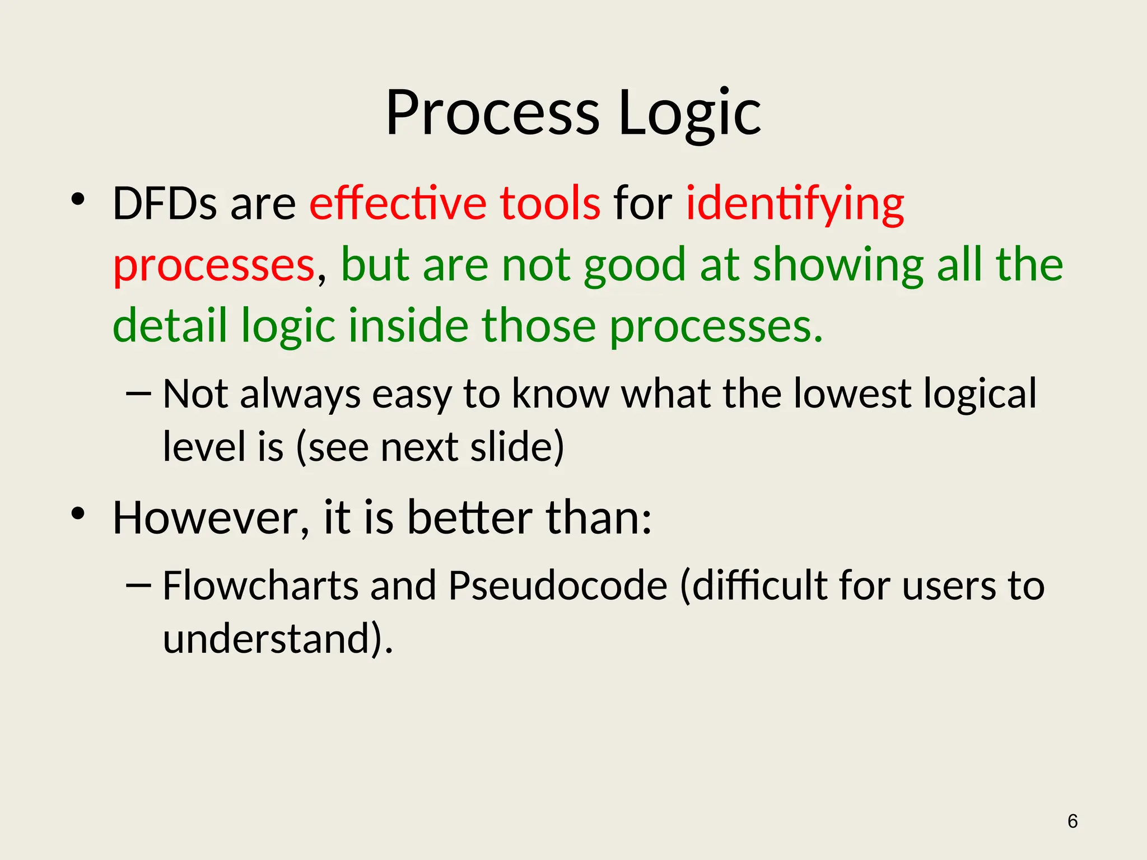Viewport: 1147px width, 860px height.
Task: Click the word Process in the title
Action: pos(492,114)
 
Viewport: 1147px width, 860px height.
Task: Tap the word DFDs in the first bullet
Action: pos(164,203)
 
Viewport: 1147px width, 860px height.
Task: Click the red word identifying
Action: pos(795,204)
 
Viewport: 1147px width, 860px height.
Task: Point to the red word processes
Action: pos(214,265)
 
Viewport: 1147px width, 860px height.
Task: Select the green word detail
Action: pos(170,326)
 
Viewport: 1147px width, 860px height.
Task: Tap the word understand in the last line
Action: pos(267,639)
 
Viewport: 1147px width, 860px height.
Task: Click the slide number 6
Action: pos(1073,821)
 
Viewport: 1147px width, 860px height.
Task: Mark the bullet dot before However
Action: pos(77,513)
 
